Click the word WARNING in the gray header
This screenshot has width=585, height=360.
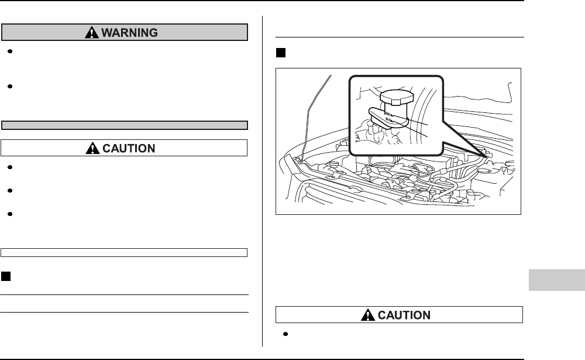tap(130, 33)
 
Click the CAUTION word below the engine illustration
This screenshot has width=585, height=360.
tap(405, 315)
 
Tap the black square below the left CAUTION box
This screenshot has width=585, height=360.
tap(5, 276)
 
